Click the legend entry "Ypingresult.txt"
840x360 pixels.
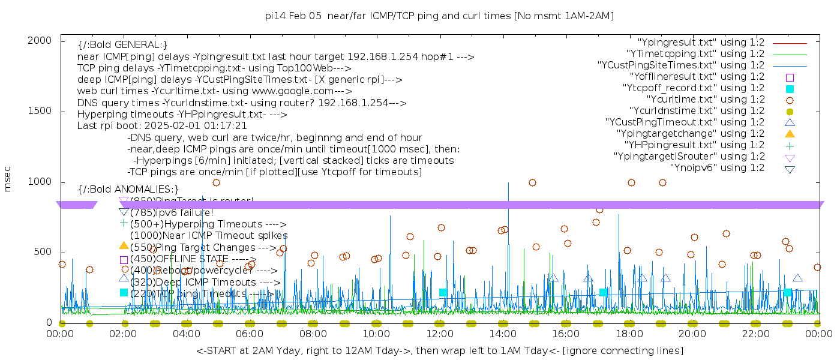(701, 43)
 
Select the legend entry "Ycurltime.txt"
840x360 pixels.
(706, 100)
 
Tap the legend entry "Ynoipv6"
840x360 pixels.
(717, 168)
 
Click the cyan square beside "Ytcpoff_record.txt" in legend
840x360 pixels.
(790, 88)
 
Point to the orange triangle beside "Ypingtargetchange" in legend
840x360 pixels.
(790, 133)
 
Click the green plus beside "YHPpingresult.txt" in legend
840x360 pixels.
(790, 145)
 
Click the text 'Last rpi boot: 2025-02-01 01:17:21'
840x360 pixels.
(162, 126)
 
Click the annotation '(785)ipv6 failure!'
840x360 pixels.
(172, 212)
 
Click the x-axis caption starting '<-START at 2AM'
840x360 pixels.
(439, 350)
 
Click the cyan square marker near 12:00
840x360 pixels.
(443, 293)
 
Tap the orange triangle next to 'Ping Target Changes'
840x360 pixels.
(124, 245)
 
